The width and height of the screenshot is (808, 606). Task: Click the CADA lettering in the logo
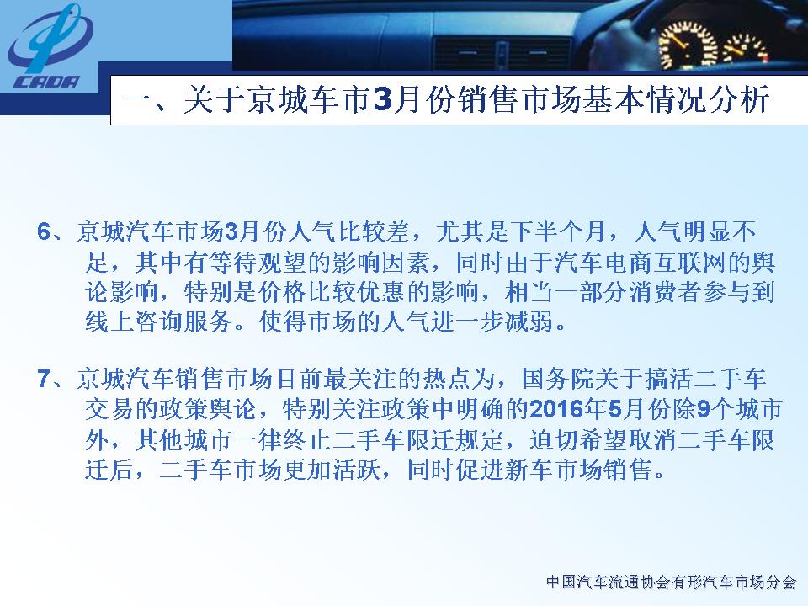click(47, 82)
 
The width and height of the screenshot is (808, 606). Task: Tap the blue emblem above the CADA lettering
click(50, 38)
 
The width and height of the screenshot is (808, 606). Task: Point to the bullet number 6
click(44, 232)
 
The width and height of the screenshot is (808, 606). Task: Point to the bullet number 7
click(44, 379)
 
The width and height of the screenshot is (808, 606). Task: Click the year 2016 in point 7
click(556, 409)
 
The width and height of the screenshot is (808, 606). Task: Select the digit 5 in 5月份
click(615, 409)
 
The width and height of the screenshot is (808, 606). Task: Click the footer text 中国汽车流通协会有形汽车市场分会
click(672, 582)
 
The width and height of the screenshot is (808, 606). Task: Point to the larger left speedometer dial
click(688, 46)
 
